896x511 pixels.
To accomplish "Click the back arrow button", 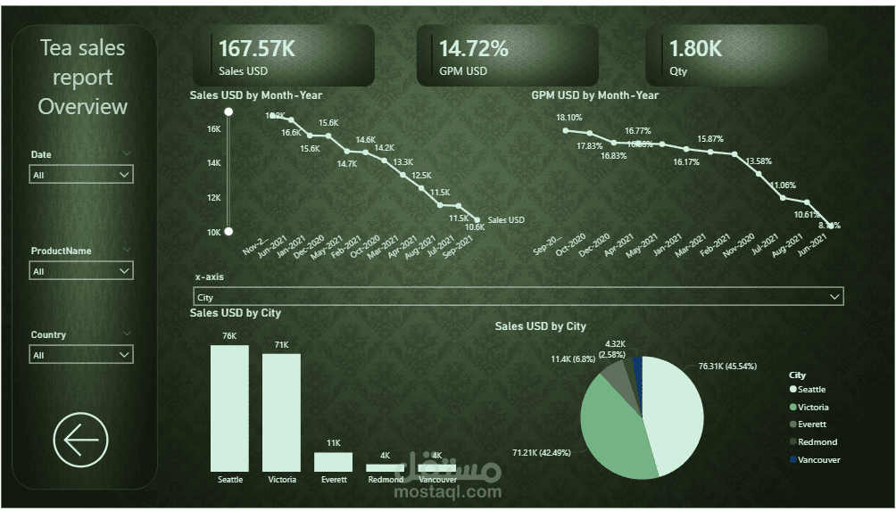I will click(80, 440).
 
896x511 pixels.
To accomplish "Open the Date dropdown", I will click(81, 176).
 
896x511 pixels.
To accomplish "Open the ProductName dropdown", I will click(81, 271).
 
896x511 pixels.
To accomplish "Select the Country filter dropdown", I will click(81, 355).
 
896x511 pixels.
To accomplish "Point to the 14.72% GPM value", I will click(473, 49).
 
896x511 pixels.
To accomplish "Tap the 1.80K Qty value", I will click(695, 49).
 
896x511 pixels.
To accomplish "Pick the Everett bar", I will click(333, 462).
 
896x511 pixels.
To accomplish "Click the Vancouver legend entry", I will click(818, 460).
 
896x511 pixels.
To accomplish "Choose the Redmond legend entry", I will click(817, 442).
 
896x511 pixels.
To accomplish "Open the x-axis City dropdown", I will click(518, 297).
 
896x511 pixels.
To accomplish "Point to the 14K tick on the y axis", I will click(214, 163).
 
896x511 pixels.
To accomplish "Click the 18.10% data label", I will click(568, 118).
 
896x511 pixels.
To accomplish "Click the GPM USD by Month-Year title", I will click(594, 95).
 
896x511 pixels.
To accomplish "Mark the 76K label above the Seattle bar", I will click(229, 336).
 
